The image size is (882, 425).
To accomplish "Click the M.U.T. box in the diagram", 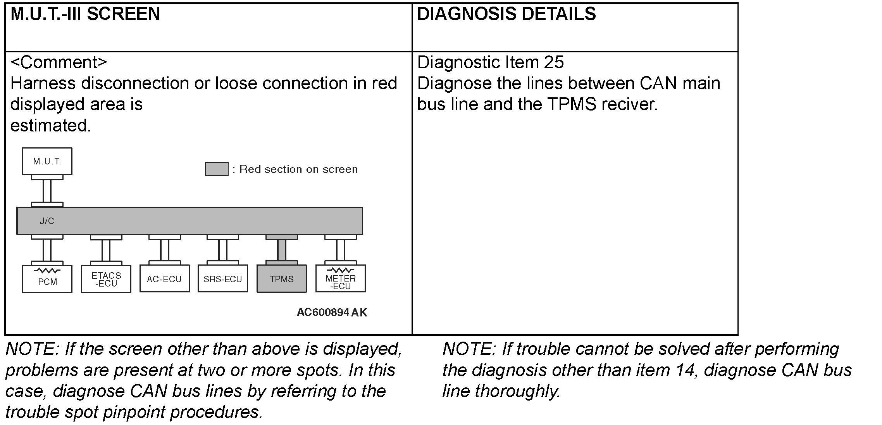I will [47, 161].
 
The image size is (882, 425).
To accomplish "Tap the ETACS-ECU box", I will [106, 279].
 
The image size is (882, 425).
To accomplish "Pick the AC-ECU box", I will [164, 279].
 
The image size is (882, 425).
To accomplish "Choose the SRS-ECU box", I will [222, 279].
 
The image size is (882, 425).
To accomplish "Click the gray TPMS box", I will [282, 279].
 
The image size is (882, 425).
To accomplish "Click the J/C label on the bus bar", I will [47, 221].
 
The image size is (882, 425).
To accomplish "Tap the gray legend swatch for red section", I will [217, 169].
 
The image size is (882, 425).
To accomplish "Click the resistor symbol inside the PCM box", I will [47, 270].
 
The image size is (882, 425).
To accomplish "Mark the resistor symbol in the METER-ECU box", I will [340, 270].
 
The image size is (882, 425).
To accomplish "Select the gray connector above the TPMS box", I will [282, 250].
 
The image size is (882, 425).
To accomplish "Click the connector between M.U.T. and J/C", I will [47, 191].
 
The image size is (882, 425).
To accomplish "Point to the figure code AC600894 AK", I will [332, 313].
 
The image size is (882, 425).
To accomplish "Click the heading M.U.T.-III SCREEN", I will [85, 14].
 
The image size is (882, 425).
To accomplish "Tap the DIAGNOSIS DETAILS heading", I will [506, 14].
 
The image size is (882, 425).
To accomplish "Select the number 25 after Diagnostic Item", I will [554, 62].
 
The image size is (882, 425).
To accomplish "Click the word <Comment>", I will [59, 62].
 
